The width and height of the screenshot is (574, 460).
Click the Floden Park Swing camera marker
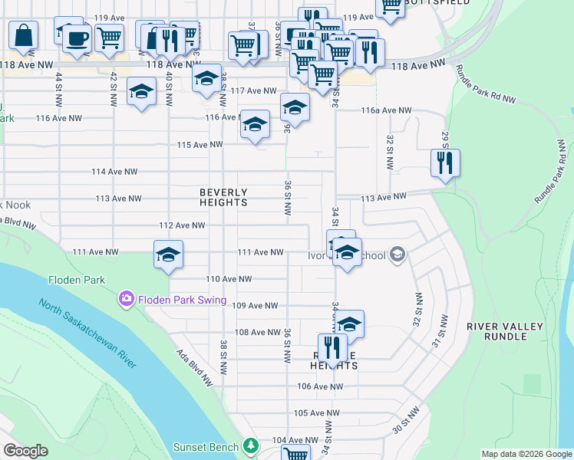pos(127,298)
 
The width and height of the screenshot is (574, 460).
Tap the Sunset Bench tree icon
pos(249,445)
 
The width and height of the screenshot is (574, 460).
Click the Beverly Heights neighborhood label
pos(223,197)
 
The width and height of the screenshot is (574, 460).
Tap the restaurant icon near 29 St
pos(445,163)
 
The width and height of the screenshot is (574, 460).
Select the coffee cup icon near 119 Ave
pos(77,38)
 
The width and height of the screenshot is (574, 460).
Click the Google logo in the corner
pos(25,451)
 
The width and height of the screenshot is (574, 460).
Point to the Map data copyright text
pos(526,454)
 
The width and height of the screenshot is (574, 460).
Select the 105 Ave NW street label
pos(317,412)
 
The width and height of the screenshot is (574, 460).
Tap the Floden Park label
pos(76,280)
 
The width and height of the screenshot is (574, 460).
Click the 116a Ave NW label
pos(387,110)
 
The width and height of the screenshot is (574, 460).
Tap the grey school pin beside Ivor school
pos(397,254)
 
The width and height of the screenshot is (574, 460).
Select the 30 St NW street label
pos(407,421)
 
